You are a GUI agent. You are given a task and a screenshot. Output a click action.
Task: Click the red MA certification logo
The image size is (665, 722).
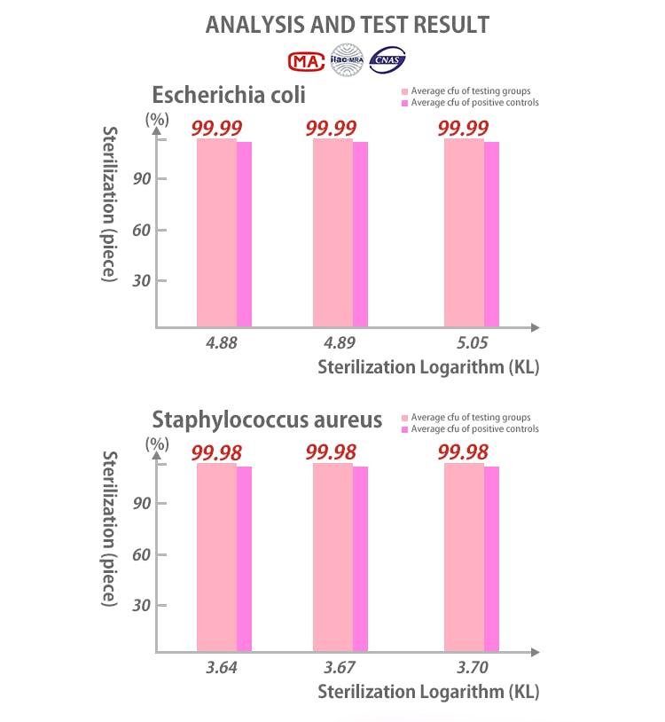click(x=307, y=60)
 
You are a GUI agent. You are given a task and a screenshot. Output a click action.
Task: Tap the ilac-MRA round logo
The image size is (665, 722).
click(x=348, y=59)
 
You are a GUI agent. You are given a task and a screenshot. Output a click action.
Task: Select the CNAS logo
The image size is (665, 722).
click(x=388, y=60)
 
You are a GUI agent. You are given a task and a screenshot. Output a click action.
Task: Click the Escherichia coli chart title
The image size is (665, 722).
click(x=229, y=95)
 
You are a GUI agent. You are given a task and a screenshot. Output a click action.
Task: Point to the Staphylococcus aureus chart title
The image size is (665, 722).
click(x=267, y=420)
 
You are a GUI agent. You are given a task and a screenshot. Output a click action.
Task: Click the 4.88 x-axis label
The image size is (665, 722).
click(x=222, y=341)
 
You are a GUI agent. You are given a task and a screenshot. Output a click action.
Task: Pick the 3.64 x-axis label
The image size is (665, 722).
click(x=222, y=666)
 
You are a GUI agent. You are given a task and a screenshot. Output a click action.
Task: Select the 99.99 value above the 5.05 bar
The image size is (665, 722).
click(x=463, y=129)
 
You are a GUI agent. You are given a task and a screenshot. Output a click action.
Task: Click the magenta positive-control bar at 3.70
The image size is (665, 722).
click(x=491, y=559)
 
